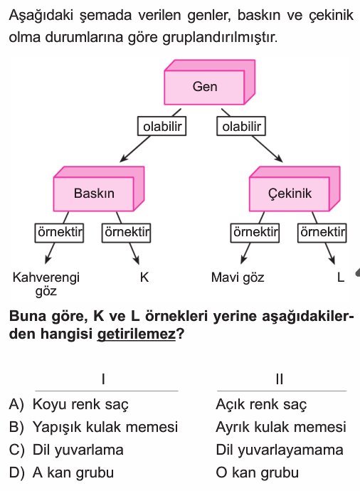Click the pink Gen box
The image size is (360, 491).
[x=209, y=83]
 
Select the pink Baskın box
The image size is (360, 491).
[x=99, y=189]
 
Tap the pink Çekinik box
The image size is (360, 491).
[x=295, y=189]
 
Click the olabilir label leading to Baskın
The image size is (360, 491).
[x=162, y=126]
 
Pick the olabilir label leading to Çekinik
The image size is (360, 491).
[x=241, y=126]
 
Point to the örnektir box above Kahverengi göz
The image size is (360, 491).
[x=59, y=233]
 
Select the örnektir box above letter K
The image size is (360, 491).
[x=126, y=233]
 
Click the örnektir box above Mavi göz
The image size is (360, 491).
[x=255, y=233]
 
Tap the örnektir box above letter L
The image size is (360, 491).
[x=322, y=233]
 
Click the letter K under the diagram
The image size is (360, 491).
[x=144, y=277]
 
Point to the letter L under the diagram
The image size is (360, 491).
[x=341, y=277]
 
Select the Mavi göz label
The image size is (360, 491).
[x=238, y=278]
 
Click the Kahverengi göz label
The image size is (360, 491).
[x=46, y=284]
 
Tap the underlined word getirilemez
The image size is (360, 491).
[x=137, y=334]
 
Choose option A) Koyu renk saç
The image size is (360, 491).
[x=69, y=404]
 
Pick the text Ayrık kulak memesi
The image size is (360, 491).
[x=281, y=427]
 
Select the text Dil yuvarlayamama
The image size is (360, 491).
[x=280, y=450]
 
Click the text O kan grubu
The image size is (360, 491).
[x=258, y=472]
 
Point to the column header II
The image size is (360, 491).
[x=280, y=379]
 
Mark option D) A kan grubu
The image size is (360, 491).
[x=61, y=472]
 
